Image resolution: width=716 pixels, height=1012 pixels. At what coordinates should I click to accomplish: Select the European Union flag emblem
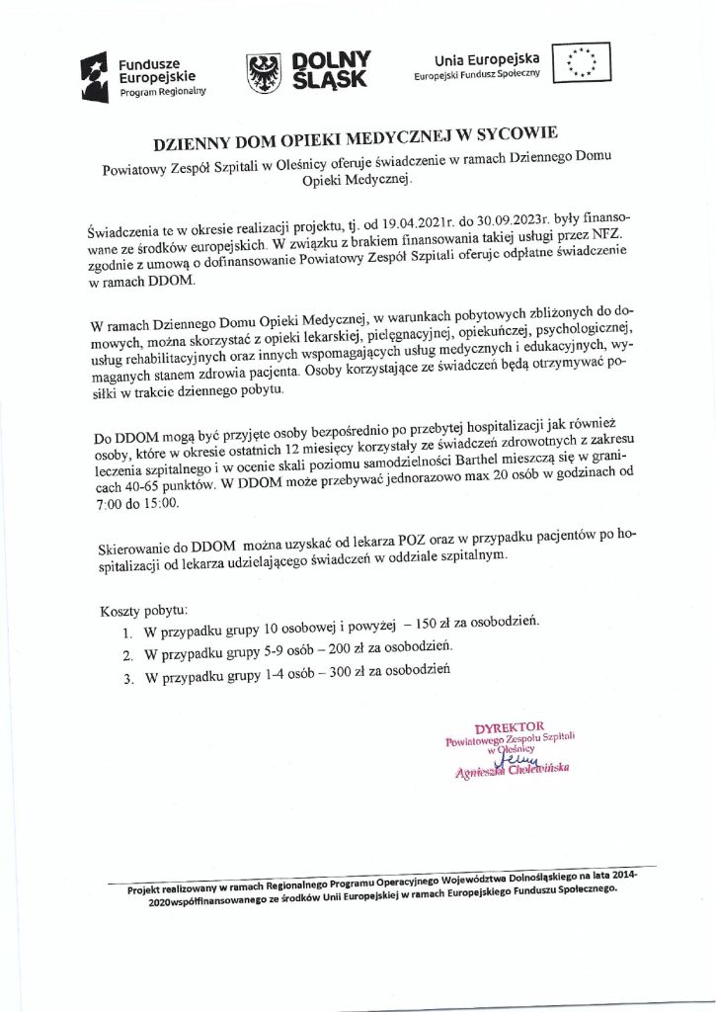(582, 62)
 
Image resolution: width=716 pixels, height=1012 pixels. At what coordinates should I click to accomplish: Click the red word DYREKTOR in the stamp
(510, 728)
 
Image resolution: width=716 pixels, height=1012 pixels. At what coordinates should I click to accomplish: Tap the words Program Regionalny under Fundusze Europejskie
(163, 91)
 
